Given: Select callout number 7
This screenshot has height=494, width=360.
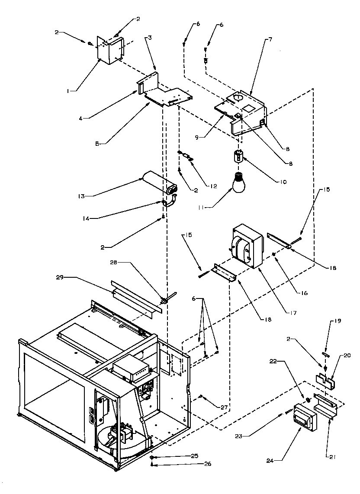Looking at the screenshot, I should coord(270,39).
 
